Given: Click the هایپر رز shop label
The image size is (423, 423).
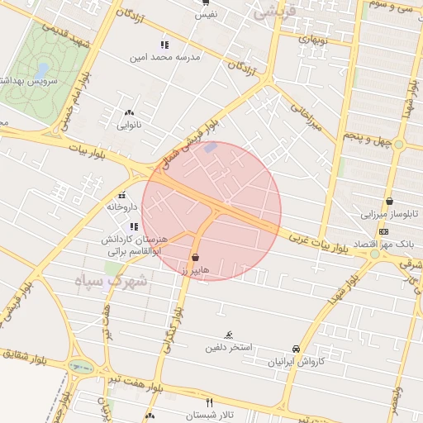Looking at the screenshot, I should coord(195,269).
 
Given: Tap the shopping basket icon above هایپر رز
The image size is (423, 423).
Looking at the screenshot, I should coord(195,257).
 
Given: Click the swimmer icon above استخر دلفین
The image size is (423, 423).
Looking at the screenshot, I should coord(228,335).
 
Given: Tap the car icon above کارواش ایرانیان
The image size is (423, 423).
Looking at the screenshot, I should coord(297,349).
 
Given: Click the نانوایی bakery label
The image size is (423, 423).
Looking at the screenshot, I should coord(129,126).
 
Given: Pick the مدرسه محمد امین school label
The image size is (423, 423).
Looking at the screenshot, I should coord(164,58).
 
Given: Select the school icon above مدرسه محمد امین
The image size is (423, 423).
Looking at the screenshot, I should coord(164,45).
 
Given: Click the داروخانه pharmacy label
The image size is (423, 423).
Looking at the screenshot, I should coord(121,208).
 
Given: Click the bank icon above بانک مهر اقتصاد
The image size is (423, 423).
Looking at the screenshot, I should coord(383,231).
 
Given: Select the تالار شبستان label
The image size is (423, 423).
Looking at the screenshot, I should coord(210,414).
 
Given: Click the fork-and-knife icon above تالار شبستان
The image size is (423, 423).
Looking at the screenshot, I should coord(209,401).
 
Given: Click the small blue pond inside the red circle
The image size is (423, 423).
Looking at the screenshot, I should coord(211,148).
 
